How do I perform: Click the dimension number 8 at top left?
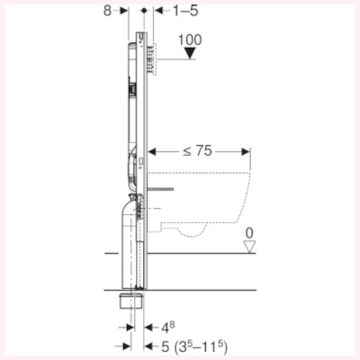coord(108,13)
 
